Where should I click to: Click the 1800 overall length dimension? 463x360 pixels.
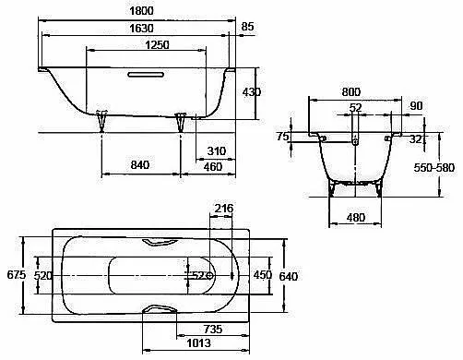141,11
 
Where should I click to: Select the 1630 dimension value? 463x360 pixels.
141,29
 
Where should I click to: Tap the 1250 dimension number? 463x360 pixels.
157,45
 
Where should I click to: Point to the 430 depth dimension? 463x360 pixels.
252,92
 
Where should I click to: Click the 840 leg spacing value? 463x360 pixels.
140,165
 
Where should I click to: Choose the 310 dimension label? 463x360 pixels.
217,151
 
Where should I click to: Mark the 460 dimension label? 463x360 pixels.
213,167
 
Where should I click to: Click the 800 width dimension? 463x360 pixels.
351,91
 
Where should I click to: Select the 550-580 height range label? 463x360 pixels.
433,168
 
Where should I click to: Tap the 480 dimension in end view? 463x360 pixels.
356,218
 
